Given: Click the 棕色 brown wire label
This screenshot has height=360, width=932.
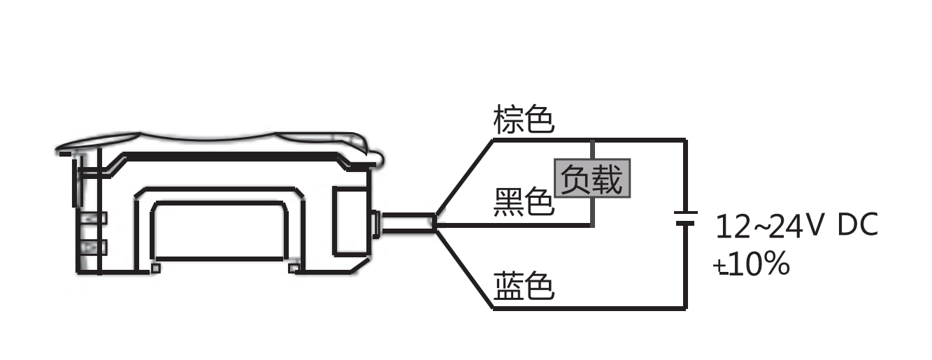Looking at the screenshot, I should pyautogui.click(x=524, y=120).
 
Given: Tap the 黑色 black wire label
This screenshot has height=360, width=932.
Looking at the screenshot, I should pyautogui.click(x=524, y=203).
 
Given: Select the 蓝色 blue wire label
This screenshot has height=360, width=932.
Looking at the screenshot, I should pyautogui.click(x=524, y=286).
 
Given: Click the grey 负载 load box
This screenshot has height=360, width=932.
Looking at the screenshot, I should pyautogui.click(x=592, y=180).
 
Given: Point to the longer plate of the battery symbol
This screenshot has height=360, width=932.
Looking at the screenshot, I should pyautogui.click(x=686, y=211).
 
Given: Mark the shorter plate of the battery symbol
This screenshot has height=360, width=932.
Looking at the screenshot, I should pyautogui.click(x=686, y=224).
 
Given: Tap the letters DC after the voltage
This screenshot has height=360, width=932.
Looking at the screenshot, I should pyautogui.click(x=857, y=226).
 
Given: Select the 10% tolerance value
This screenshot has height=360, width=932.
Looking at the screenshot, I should pyautogui.click(x=759, y=265).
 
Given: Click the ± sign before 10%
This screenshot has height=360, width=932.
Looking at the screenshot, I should pyautogui.click(x=719, y=266).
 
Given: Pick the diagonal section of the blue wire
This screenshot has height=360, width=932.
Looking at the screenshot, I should pyautogui.click(x=464, y=266).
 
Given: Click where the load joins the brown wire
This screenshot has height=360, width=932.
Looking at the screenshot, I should pyautogui.click(x=592, y=141).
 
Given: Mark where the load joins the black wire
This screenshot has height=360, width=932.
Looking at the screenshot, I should pyautogui.click(x=592, y=226).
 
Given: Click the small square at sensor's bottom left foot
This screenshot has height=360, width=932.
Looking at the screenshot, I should pyautogui.click(x=156, y=268).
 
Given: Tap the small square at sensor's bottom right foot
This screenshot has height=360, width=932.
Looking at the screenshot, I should pyautogui.click(x=293, y=268).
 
